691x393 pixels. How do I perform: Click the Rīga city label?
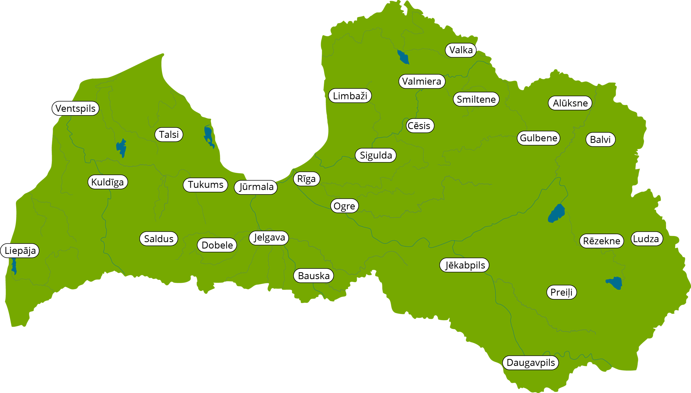(306, 179)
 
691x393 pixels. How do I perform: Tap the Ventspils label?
(75, 108)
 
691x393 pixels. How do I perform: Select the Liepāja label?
(20, 250)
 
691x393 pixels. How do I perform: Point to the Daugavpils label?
(530, 362)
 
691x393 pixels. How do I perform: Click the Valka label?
(460, 50)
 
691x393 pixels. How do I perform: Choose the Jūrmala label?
(256, 187)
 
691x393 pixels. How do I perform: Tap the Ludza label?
(647, 239)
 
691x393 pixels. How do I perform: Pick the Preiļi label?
(561, 292)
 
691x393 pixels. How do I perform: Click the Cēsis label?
(420, 126)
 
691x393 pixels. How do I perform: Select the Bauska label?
(313, 276)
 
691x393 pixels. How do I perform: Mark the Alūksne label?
(570, 103)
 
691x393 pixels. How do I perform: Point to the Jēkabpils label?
(464, 265)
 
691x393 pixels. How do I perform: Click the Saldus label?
(158, 239)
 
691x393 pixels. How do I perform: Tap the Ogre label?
(344, 206)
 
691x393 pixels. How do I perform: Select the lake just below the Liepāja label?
(14, 266)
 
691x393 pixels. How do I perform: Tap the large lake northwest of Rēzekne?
(556, 213)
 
